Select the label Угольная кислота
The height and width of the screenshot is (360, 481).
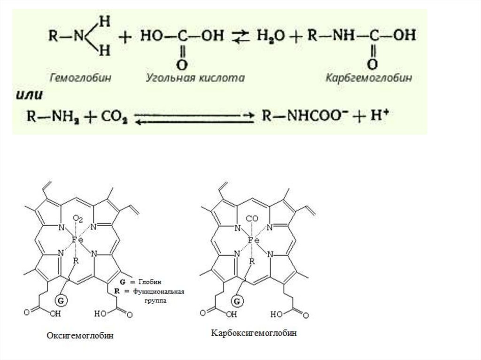[195, 78]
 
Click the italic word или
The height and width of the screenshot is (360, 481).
[30, 94]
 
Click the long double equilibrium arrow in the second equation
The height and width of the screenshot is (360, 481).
[194, 117]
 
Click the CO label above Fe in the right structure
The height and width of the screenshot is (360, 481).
[252, 219]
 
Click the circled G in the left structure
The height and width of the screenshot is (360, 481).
[61, 299]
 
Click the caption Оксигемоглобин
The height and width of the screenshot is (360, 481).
[80, 336]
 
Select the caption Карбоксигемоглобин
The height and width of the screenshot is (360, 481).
[254, 333]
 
